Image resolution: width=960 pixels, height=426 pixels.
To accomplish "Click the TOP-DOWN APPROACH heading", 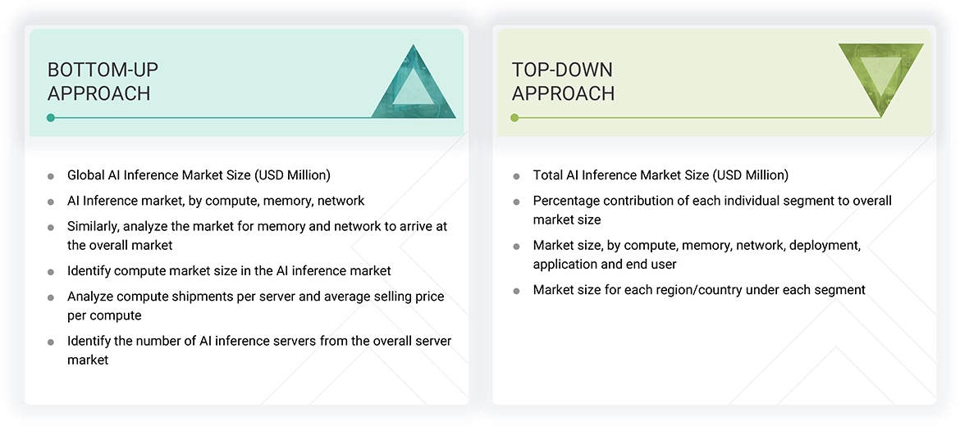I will pyautogui.click(x=563, y=81).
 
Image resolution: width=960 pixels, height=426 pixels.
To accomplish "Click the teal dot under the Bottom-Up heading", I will pyautogui.click(x=51, y=118).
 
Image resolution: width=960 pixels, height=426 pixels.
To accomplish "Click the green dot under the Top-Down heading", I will pyautogui.click(x=514, y=118).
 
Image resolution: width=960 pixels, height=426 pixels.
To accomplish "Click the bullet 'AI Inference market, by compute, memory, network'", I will pyautogui.click(x=216, y=201).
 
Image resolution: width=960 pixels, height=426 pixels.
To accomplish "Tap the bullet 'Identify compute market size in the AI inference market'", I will pyautogui.click(x=229, y=270).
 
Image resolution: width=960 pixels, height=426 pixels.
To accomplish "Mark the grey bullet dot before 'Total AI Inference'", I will pyautogui.click(x=516, y=176).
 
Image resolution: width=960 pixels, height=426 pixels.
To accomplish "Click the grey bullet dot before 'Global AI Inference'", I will pyautogui.click(x=51, y=176).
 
